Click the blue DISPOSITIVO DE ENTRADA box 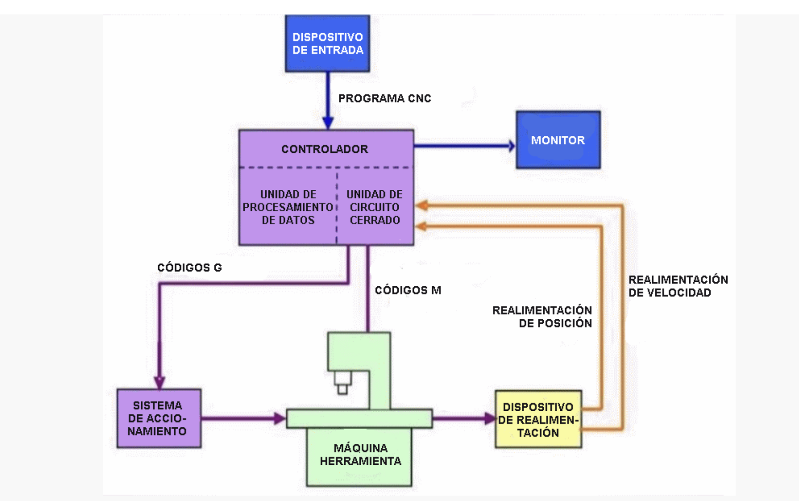point(327,44)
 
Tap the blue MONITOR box point(558,140)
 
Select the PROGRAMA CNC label point(385,98)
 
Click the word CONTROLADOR point(325,149)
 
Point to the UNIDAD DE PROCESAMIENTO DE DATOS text point(288,207)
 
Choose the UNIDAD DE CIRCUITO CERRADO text point(375,207)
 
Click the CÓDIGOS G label point(190,267)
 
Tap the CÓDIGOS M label point(408,290)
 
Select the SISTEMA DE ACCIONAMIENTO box point(159,418)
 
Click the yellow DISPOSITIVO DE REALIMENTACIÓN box point(538,419)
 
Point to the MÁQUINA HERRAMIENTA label point(360,454)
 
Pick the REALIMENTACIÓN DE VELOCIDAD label point(678,286)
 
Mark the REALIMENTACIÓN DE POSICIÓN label point(542,317)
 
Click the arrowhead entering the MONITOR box point(511,146)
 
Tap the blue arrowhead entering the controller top point(328,123)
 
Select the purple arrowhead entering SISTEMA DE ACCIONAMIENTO point(159,383)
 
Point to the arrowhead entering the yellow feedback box point(490,419)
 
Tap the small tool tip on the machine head point(342,389)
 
